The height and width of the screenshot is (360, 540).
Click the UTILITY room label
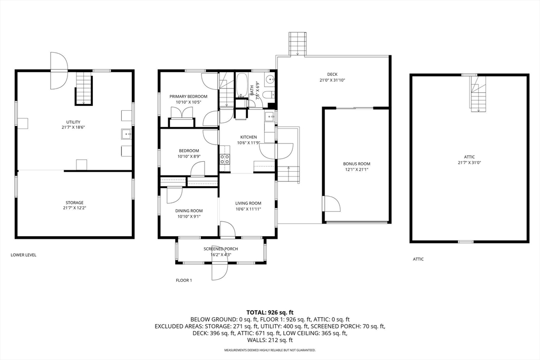pos(73,122)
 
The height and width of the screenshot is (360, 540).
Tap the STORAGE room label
pos(74,203)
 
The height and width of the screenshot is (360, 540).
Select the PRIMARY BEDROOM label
pos(188,96)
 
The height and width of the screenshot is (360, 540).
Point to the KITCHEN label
pos(248,137)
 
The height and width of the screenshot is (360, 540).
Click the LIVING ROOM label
pos(248,203)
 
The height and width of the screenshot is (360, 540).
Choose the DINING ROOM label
pos(189,211)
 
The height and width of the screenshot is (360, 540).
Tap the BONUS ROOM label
pos(356,164)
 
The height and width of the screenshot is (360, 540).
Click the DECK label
pos(332,74)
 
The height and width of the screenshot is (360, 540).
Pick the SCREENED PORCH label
pos(221,249)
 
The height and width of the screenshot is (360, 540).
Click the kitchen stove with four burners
pos(225,159)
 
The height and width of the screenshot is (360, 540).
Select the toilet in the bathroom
pos(268,95)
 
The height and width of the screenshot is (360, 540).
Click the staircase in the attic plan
pos(478,94)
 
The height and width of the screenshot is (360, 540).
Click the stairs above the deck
pos(297,44)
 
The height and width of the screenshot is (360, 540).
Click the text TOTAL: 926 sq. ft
pos(270,313)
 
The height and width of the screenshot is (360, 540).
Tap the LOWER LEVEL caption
pos(23,255)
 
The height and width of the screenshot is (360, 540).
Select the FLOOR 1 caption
pos(184,280)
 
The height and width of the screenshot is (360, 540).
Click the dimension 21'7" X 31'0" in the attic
pos(469,162)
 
